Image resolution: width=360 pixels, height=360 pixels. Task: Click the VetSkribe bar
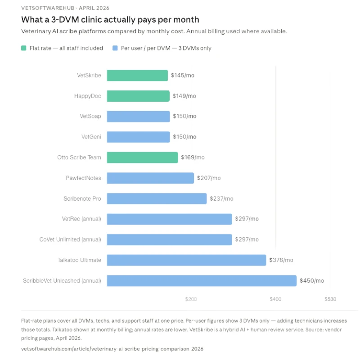click(137, 76)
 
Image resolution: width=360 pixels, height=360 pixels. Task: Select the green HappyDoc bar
click(138, 96)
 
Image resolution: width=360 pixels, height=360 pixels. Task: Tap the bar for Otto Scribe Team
click(142, 157)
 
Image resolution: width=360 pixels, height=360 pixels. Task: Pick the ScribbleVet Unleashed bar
click(201, 280)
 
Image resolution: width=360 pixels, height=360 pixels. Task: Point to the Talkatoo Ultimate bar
click(186, 260)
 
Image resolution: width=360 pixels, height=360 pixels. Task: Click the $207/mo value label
click(209, 178)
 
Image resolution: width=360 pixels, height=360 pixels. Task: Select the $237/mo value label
click(221, 198)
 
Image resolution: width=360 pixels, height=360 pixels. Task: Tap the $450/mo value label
click(312, 281)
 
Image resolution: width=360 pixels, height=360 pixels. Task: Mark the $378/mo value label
click(281, 260)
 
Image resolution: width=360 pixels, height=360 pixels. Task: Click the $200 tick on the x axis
click(191, 299)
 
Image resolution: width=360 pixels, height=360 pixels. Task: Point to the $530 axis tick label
click(330, 299)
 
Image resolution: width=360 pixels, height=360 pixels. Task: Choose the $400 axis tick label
click(275, 299)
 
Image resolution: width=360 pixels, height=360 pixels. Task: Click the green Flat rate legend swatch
click(24, 48)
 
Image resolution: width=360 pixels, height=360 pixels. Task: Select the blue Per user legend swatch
click(115, 48)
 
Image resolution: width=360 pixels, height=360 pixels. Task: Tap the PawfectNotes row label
click(83, 178)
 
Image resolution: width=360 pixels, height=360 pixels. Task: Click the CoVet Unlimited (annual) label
click(70, 239)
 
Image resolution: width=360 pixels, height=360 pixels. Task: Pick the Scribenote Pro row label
click(82, 198)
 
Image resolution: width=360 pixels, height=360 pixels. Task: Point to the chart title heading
click(110, 20)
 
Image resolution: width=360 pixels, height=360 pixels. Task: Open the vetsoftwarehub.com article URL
click(112, 349)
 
